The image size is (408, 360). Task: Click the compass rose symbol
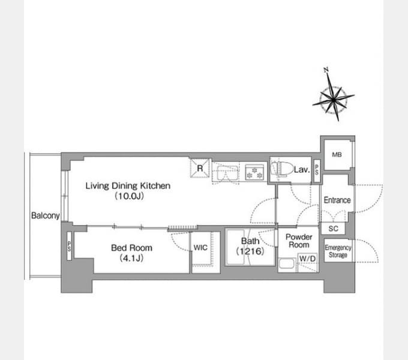point(334,99)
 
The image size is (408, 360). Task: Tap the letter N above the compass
point(326,70)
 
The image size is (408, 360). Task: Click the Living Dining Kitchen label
point(128,186)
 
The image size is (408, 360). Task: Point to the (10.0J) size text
point(130,196)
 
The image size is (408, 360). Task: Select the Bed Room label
point(131,248)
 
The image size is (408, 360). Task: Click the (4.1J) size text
point(131,258)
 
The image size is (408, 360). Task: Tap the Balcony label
point(46,215)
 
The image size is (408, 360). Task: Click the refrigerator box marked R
point(200,168)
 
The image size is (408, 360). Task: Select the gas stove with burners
point(254,172)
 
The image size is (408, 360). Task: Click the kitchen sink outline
point(227,173)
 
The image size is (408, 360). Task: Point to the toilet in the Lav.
point(280,168)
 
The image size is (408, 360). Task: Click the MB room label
point(337,155)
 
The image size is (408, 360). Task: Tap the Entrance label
point(337,200)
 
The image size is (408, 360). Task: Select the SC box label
point(334,229)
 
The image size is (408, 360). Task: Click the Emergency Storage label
point(338,251)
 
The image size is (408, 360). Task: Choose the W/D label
point(308,259)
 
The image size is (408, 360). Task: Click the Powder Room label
point(299,241)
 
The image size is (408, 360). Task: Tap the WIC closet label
point(200,248)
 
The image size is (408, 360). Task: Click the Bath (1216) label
point(250,246)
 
